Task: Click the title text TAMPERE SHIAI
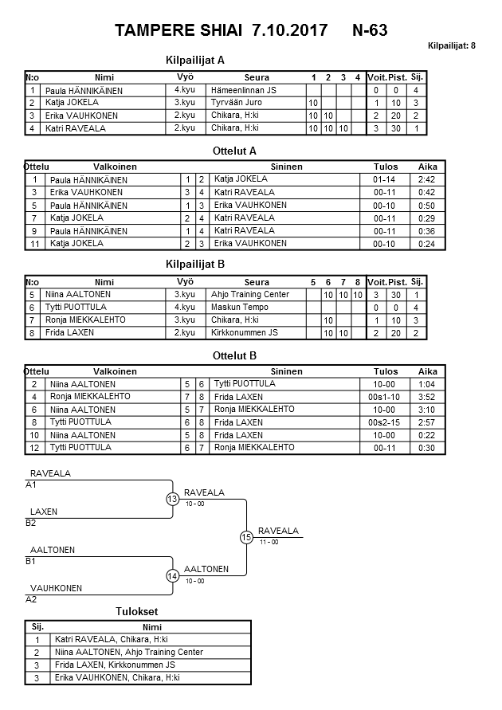pyautogui.click(x=181, y=31)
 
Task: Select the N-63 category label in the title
pyautogui.click(x=370, y=31)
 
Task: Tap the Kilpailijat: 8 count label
pyautogui.click(x=452, y=45)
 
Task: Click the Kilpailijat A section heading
pyautogui.click(x=194, y=60)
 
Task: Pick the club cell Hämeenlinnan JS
pyautogui.click(x=243, y=91)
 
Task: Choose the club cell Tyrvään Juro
pyautogui.click(x=236, y=104)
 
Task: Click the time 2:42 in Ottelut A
pyautogui.click(x=426, y=180)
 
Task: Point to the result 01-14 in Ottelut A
pyautogui.click(x=385, y=180)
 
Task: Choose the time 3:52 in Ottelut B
pyautogui.click(x=426, y=397)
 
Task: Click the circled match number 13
pyautogui.click(x=172, y=500)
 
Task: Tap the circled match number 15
pyautogui.click(x=246, y=537)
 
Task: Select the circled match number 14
pyautogui.click(x=172, y=575)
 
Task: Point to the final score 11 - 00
pyautogui.click(x=269, y=542)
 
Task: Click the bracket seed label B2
pyautogui.click(x=31, y=523)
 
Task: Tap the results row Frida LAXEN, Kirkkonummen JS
pyautogui.click(x=115, y=665)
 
